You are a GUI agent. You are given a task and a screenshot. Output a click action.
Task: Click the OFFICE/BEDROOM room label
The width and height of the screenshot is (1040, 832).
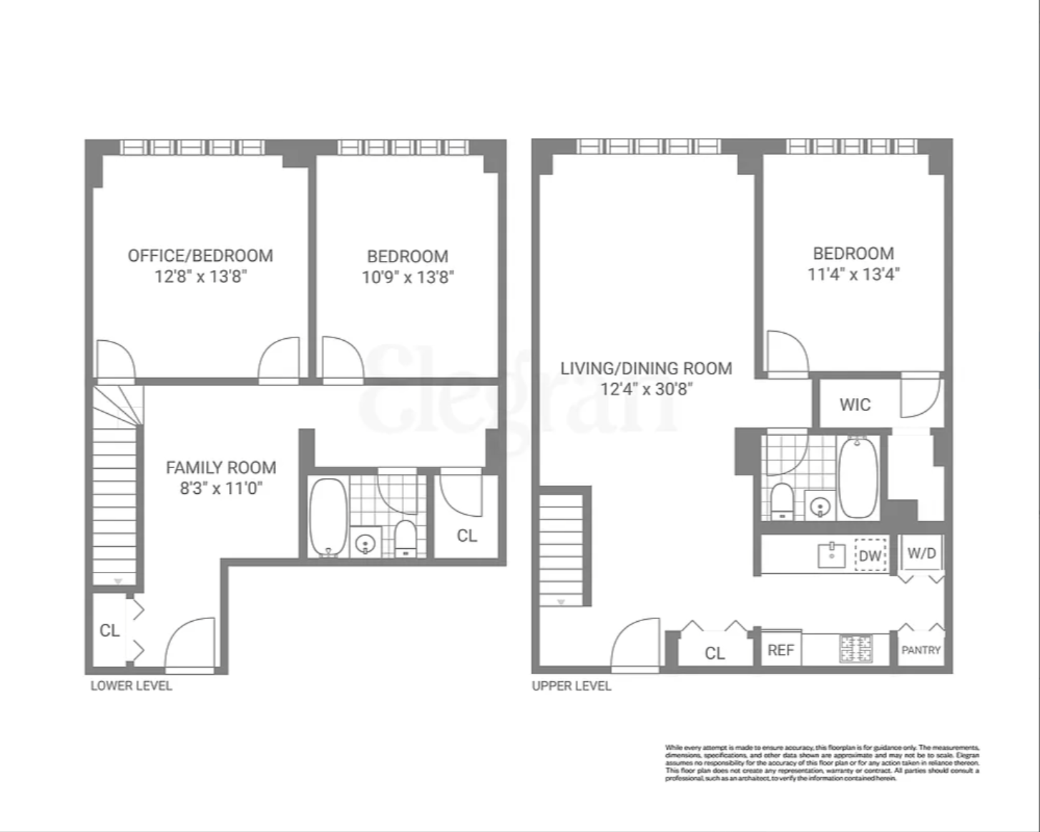click(200, 256)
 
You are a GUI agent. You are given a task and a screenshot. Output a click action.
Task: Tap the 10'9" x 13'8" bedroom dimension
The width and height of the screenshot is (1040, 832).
click(408, 277)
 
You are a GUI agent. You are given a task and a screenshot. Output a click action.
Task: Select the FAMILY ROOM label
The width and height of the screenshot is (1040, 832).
click(221, 467)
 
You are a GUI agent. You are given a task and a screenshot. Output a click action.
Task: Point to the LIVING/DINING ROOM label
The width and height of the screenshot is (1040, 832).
click(646, 368)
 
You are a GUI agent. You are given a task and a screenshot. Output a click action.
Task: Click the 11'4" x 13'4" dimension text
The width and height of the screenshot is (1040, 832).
click(853, 274)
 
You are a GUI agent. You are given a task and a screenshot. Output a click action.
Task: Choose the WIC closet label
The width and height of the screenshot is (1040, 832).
click(855, 405)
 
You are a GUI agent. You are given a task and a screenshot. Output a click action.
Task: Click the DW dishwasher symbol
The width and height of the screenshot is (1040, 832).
click(870, 555)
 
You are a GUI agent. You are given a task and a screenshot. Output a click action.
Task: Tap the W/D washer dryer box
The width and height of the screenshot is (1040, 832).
click(921, 553)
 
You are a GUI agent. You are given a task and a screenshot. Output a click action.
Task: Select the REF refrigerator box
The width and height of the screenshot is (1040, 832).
click(780, 650)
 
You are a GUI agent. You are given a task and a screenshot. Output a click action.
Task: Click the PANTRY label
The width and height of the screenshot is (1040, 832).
click(921, 650)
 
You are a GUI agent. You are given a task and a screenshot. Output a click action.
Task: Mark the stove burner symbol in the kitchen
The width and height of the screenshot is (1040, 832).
click(855, 648)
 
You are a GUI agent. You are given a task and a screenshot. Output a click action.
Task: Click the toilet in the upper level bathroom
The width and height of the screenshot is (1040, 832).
click(782, 502)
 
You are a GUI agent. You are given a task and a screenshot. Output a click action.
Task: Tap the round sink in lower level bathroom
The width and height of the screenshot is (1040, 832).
click(366, 544)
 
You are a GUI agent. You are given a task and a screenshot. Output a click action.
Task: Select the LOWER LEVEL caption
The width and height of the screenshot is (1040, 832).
click(131, 685)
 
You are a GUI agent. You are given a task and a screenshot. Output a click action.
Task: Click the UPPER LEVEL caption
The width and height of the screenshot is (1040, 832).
click(571, 685)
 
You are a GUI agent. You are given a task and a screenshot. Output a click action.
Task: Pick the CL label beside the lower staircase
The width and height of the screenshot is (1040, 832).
click(109, 630)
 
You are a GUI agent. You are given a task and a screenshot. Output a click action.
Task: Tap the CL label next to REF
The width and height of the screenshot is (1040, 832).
click(715, 653)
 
